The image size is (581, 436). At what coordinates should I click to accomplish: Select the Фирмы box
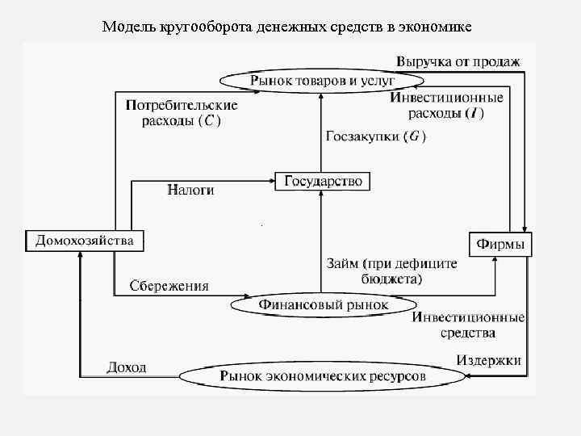[x=501, y=244]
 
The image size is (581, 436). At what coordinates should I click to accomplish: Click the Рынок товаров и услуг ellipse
[x=322, y=80]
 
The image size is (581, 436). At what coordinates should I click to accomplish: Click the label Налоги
[x=190, y=190]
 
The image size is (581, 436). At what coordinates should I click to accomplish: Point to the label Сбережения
[x=169, y=285]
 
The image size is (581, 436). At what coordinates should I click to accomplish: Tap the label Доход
[x=127, y=367]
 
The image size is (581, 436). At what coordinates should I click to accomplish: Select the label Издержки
[x=489, y=359]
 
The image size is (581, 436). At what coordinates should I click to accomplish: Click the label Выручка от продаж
[x=458, y=61]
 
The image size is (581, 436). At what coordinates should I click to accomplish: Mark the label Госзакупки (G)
[x=375, y=136]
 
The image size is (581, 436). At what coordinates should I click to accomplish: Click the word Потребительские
[x=182, y=106]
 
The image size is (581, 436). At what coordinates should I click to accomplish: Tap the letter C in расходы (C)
[x=209, y=121]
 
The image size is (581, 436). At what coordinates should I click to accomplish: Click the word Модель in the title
[x=127, y=27]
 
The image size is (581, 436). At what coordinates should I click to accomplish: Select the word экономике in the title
[x=436, y=27]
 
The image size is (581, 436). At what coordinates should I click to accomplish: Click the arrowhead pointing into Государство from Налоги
[x=272, y=181]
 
